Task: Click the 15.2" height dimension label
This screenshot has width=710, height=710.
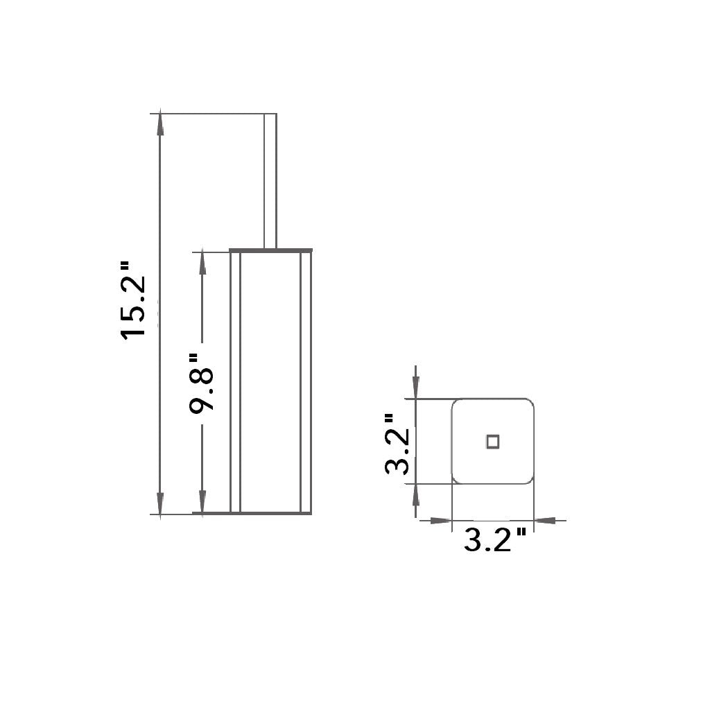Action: tap(133, 300)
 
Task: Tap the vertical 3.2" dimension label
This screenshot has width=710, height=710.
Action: tap(397, 444)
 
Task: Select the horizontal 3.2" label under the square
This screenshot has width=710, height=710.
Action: tap(494, 539)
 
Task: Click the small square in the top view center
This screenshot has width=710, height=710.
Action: tap(493, 442)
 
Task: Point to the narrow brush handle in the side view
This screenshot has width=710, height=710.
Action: tap(270, 181)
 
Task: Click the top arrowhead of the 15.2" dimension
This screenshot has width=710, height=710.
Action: tap(159, 123)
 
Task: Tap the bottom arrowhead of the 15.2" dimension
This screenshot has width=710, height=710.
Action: tap(159, 503)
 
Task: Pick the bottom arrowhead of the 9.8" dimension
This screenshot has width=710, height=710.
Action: tap(202, 503)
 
